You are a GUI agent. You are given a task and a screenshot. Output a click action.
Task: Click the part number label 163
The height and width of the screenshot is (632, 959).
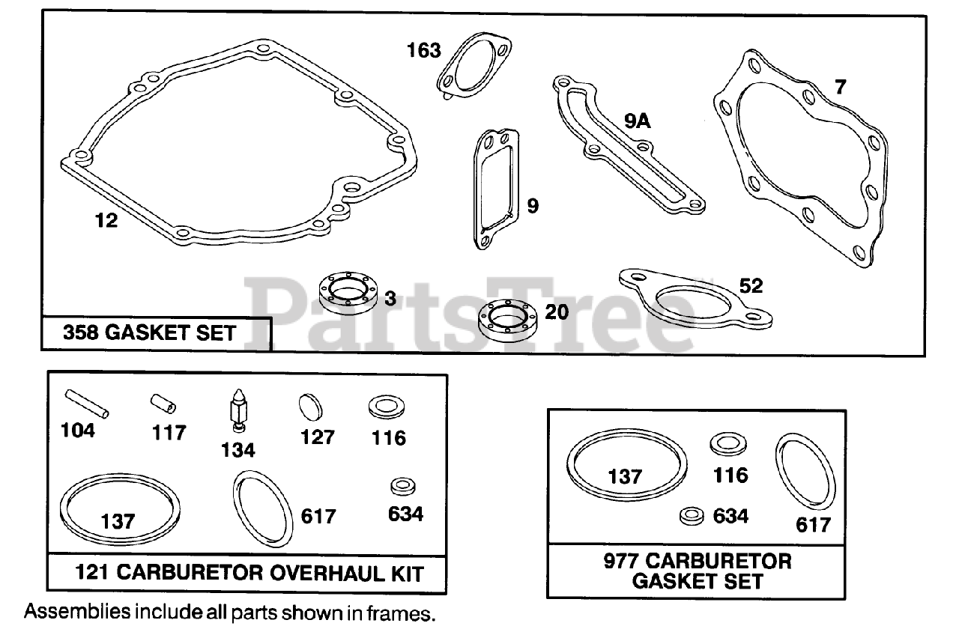(x=424, y=51)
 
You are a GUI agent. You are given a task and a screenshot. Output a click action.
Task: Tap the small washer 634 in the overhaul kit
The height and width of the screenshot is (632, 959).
(x=403, y=487)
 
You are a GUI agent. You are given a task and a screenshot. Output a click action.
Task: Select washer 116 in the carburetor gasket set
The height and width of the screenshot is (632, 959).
(x=727, y=443)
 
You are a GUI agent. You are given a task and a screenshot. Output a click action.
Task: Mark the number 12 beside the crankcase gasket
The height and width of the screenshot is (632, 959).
(x=106, y=221)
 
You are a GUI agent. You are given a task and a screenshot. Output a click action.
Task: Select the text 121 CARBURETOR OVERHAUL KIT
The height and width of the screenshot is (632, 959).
(x=249, y=574)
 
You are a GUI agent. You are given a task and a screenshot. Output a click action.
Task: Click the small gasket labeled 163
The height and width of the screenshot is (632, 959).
(x=473, y=66)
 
